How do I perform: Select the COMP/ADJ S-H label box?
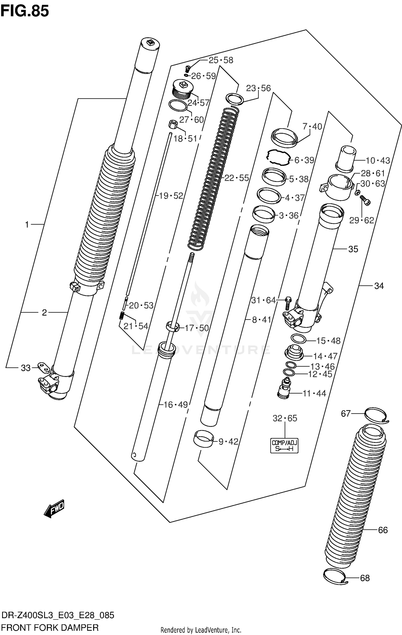[284, 446]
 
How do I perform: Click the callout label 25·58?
[221, 60]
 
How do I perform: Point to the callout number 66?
[383, 530]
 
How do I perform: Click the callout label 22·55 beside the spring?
[236, 178]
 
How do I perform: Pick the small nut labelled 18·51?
[173, 125]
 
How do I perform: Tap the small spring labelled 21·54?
[122, 316]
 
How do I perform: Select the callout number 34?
[379, 286]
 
